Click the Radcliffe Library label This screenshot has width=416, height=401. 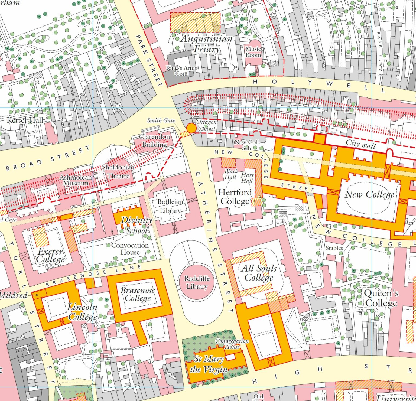point(197,282)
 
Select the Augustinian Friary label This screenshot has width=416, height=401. point(207,44)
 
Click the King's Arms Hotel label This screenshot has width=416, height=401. point(181,71)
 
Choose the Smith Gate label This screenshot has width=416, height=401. point(161,120)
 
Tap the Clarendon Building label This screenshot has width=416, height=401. point(154,141)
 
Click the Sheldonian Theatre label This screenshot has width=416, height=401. point(118,172)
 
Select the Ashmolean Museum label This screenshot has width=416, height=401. point(76,180)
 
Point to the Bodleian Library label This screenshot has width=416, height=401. point(170,206)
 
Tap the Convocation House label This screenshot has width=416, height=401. point(130,249)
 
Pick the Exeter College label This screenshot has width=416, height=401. point(50,255)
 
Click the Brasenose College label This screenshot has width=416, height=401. point(138,294)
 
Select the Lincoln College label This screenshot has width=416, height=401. point(82,312)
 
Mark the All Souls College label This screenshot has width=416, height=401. point(259,273)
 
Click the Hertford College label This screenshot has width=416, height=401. point(235,197)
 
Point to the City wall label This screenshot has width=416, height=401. point(361,144)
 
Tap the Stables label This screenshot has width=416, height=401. point(334,248)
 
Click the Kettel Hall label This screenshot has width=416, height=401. point(25,120)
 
